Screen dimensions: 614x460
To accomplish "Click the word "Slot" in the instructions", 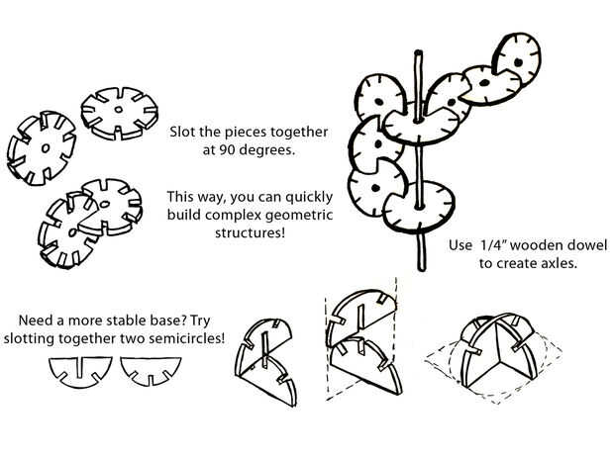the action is pos(183,132).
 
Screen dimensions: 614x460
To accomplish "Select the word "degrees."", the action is pos(267,150).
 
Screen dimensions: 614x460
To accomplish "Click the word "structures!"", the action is pos(251,233).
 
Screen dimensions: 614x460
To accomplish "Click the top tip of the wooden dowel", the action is pos(418,51).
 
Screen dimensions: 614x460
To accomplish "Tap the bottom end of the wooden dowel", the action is pos(421,269).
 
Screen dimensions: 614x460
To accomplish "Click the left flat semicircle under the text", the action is pos(80,372).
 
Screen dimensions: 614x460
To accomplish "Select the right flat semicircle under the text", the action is pos(151,371).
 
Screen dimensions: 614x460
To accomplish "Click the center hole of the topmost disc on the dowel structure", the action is pos(518,62).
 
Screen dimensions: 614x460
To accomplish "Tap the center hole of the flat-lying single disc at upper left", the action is pos(119,110).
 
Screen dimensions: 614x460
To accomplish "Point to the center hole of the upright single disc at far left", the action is pos(46,148).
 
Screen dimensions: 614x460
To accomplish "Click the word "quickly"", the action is pos(309,198).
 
